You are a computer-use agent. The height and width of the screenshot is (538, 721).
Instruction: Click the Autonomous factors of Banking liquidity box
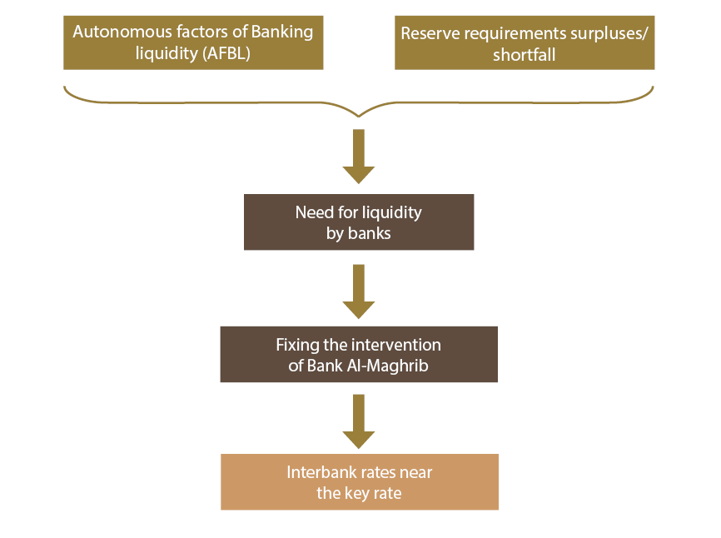click(193, 43)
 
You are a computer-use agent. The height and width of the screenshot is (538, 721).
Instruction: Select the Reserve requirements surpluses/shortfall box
click(525, 43)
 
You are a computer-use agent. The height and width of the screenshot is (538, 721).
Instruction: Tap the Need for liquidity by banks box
click(359, 222)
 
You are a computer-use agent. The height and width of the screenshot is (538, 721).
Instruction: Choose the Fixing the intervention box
click(359, 355)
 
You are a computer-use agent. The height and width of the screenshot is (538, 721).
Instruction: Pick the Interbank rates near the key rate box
click(359, 482)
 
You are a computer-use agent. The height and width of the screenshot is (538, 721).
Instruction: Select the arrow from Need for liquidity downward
click(359, 291)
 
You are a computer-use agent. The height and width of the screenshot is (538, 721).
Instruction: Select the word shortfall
click(525, 54)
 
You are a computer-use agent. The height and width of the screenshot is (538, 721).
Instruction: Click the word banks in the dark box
click(370, 233)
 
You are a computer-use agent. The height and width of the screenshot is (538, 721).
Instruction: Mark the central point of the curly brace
click(359, 113)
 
